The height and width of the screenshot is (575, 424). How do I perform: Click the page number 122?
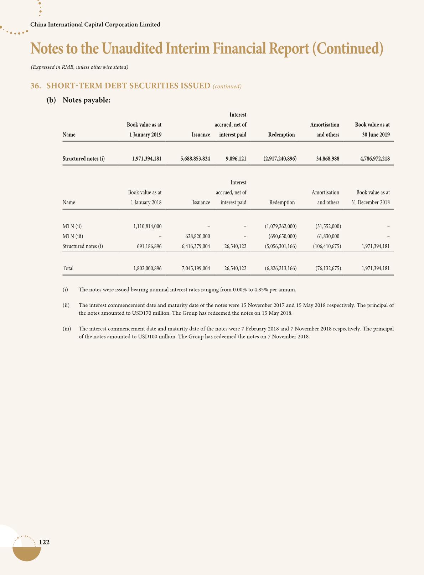(44, 542)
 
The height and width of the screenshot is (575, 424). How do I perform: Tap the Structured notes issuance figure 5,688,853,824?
(195, 159)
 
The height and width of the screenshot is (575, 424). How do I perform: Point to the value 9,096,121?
(236, 159)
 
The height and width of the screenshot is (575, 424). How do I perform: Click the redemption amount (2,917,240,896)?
(280, 159)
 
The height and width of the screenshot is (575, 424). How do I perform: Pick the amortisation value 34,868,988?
(327, 159)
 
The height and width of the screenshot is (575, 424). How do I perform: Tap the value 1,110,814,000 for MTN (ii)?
(147, 226)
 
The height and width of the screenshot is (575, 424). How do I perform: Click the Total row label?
(68, 268)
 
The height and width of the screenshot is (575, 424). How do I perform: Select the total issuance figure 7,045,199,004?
(196, 268)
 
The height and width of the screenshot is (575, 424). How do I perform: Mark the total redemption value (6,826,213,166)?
(280, 268)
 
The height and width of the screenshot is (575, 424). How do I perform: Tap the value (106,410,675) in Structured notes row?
(327, 246)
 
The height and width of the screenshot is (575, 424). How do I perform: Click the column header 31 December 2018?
(370, 203)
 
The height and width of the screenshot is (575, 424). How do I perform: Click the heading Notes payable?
(87, 100)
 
